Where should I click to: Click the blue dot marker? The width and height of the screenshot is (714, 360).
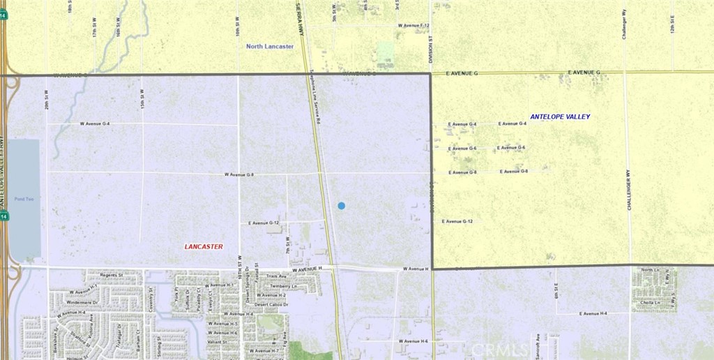pyautogui.click(x=341, y=205)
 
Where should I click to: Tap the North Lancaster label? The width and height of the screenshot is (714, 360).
pyautogui.click(x=270, y=47)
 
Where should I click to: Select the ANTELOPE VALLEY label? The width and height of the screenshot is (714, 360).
pyautogui.click(x=560, y=117)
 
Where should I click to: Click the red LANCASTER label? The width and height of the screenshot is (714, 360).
pyautogui.click(x=204, y=246)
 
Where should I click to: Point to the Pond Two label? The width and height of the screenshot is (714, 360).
pyautogui.click(x=25, y=200)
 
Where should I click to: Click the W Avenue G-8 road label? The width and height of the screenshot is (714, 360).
pyautogui.click(x=239, y=174)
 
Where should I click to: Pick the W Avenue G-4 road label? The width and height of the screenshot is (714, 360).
pyautogui.click(x=95, y=123)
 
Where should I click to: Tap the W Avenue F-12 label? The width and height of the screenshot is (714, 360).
pyautogui.click(x=413, y=25)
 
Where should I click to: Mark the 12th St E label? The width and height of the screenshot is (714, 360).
pyautogui.click(x=673, y=28)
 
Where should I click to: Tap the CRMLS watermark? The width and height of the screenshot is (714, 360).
pyautogui.click(x=500, y=349)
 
